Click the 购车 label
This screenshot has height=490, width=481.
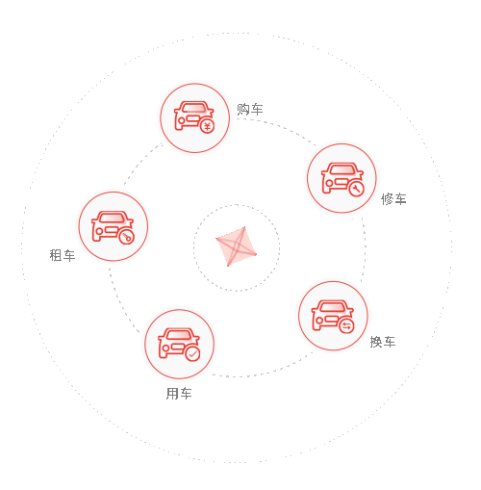(x=250, y=110)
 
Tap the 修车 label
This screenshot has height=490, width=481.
(x=393, y=199)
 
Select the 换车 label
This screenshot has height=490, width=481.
(x=383, y=342)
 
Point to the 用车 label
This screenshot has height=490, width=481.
(x=179, y=394)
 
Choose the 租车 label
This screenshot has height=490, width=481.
(x=63, y=255)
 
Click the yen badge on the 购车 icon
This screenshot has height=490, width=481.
(x=208, y=126)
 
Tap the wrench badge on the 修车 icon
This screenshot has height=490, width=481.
(x=356, y=189)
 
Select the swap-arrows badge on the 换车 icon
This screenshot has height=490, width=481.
(x=346, y=326)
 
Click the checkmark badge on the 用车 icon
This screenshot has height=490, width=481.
(x=192, y=354)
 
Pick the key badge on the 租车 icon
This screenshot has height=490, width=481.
(x=127, y=237)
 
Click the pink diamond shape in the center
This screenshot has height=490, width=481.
(x=237, y=246)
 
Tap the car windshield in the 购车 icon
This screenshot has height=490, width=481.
(x=193, y=108)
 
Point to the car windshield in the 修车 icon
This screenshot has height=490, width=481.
(x=342, y=168)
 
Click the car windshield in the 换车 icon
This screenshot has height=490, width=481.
(x=333, y=306)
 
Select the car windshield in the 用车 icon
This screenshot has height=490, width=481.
(x=179, y=334)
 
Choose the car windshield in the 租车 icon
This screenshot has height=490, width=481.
(x=112, y=218)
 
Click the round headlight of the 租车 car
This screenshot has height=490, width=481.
(x=99, y=231)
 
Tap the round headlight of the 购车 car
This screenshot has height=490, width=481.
(x=182, y=121)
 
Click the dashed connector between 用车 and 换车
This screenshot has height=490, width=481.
(x=263, y=374)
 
